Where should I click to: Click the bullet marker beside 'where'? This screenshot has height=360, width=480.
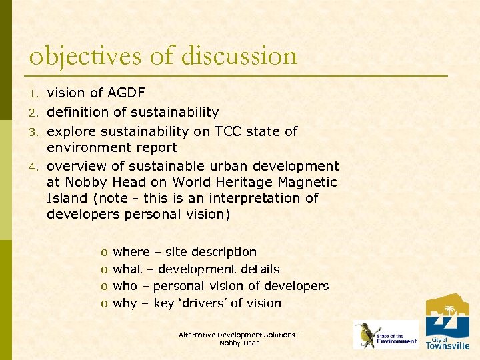(x=104, y=253)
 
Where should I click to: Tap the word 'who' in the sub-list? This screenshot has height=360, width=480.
(x=125, y=286)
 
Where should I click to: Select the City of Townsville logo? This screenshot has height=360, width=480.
(x=447, y=322)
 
